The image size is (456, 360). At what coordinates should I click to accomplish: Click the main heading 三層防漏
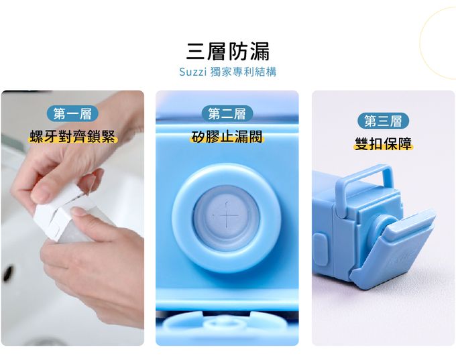(x=228, y=52)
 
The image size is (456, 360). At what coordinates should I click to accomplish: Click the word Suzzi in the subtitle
(x=192, y=72)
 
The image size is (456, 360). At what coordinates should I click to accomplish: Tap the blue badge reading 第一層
(x=72, y=113)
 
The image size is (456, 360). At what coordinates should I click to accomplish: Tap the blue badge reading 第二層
(x=227, y=113)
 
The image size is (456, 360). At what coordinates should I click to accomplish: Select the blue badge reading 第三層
(x=383, y=121)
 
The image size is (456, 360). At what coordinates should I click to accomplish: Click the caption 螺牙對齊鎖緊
(x=72, y=137)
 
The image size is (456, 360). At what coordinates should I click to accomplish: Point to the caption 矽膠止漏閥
(x=227, y=137)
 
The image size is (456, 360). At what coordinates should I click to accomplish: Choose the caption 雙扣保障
(x=384, y=143)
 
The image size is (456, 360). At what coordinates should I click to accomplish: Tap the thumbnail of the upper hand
(x=42, y=193)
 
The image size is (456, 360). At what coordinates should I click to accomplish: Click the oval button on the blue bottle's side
(x=320, y=249)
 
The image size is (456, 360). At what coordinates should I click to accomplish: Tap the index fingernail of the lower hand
(x=76, y=211)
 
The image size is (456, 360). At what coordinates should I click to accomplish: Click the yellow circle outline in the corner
(x=420, y=44)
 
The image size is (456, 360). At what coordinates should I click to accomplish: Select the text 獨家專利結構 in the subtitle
(x=243, y=72)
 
